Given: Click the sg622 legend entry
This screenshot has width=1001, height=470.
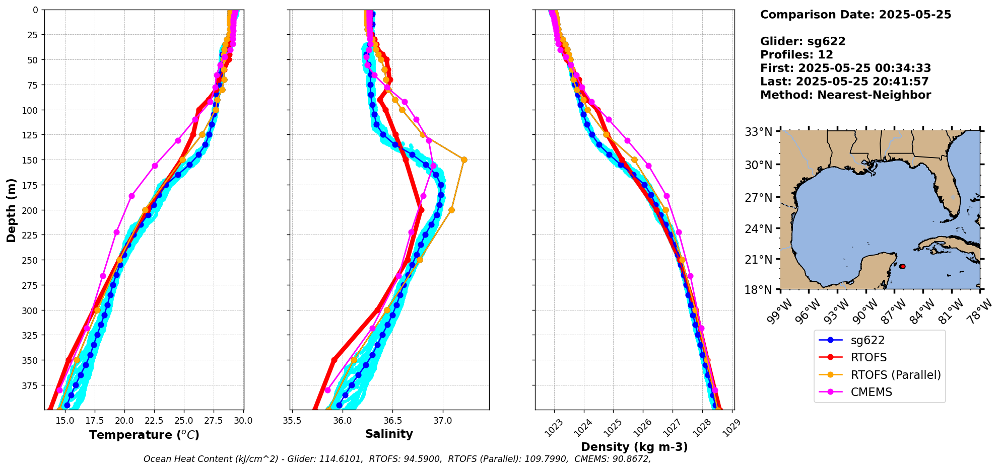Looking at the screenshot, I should (867, 340).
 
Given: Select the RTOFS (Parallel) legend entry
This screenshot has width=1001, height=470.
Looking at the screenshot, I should (895, 375).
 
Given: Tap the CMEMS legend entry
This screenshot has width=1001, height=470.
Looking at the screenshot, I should (871, 392).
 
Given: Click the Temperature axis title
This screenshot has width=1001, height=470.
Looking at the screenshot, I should (144, 435).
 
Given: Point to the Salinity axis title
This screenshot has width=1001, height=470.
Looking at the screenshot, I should (389, 434).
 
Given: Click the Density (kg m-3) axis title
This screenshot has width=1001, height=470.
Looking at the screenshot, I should (634, 447).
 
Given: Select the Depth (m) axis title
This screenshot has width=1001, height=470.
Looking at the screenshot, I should (11, 210).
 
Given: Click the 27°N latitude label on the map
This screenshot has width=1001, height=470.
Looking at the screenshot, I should (759, 198).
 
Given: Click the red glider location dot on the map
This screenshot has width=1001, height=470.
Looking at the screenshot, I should (902, 266).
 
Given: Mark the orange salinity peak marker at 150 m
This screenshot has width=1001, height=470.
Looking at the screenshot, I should (464, 160).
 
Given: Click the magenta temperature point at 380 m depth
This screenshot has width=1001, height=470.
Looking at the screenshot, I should (59, 390).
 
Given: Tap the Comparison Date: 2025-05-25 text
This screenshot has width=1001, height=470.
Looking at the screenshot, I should (855, 15).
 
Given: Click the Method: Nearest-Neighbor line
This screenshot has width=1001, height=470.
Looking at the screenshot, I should (845, 95).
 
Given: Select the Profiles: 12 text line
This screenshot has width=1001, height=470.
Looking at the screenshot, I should (796, 55).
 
